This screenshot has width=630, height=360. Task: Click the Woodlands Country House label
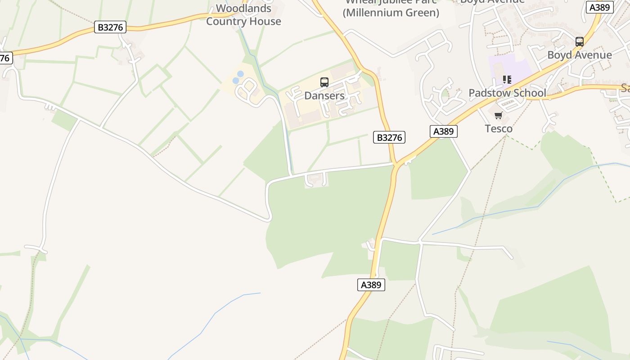click(243, 15)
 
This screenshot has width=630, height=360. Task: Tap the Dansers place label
click(324, 95)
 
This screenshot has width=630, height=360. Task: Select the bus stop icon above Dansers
click(324, 82)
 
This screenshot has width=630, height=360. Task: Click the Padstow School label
click(507, 93)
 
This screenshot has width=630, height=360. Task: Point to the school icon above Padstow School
click(507, 80)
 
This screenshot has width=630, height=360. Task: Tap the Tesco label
click(499, 129)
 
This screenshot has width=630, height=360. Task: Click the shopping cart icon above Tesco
click(499, 116)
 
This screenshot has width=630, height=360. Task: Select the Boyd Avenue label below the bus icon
click(580, 55)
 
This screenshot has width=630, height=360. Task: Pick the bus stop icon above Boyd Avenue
click(580, 42)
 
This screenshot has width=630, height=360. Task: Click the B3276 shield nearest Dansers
click(389, 137)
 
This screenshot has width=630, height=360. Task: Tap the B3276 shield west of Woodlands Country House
click(110, 27)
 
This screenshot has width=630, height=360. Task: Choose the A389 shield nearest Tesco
click(443, 131)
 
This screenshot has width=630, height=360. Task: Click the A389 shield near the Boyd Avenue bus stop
click(600, 7)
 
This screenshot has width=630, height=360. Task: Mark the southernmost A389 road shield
click(371, 284)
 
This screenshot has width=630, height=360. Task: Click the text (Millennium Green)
click(391, 13)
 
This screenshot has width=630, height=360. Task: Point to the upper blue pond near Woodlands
click(240, 74)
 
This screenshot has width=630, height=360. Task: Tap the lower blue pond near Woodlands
click(236, 81)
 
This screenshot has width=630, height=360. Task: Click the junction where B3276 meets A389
click(396, 165)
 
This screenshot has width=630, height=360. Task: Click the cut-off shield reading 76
click(5, 58)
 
